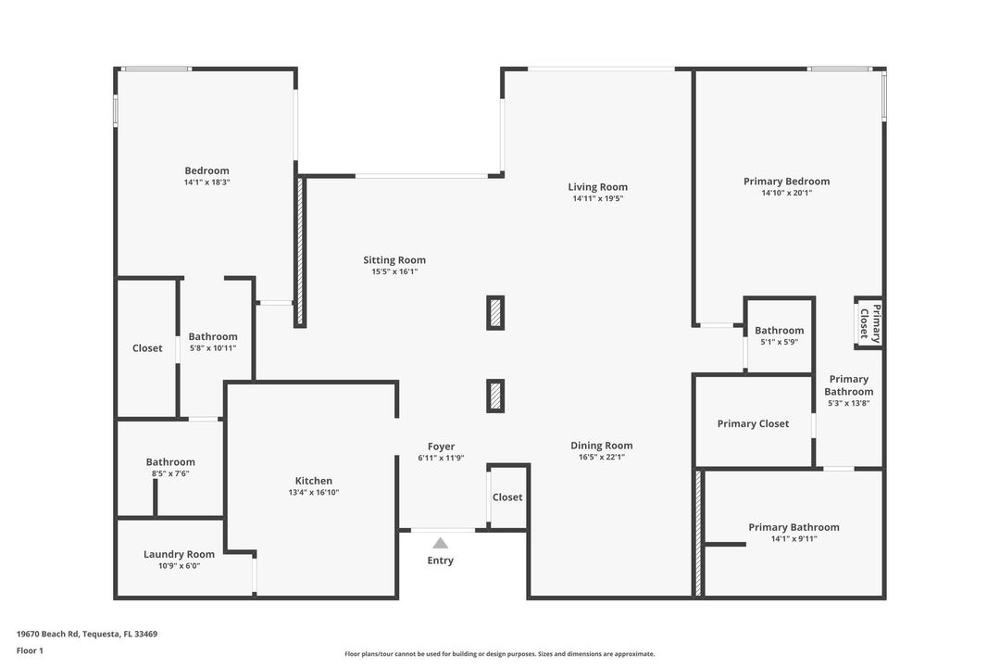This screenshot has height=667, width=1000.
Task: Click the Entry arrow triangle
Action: click(441, 543)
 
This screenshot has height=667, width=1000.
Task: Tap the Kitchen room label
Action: click(314, 481)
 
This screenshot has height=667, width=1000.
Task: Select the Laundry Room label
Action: click(179, 554)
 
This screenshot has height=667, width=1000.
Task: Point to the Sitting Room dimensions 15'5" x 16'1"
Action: click(394, 271)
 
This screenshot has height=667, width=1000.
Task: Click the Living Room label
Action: click(598, 187)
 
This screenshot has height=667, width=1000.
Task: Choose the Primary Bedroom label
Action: click(786, 182)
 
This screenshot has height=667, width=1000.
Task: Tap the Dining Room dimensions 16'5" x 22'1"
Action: click(602, 457)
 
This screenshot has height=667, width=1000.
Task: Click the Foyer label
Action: click(441, 447)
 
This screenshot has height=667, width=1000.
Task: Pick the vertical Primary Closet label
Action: click(870, 322)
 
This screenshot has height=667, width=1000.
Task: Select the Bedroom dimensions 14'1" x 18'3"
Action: click(206, 182)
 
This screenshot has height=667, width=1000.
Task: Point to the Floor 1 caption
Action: click(30, 650)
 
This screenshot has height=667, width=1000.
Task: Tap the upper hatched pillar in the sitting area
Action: click(496, 313)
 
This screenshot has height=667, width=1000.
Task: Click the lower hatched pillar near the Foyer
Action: click(496, 396)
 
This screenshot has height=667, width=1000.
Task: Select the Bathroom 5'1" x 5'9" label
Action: click(779, 331)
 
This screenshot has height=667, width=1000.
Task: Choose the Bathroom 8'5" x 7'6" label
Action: click(170, 462)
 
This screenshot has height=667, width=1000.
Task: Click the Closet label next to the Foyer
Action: click(507, 497)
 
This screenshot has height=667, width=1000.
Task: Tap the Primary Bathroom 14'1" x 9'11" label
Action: click(794, 527)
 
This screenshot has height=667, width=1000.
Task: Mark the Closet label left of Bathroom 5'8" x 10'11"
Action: click(147, 348)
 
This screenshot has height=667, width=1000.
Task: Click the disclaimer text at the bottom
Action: click(499, 654)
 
